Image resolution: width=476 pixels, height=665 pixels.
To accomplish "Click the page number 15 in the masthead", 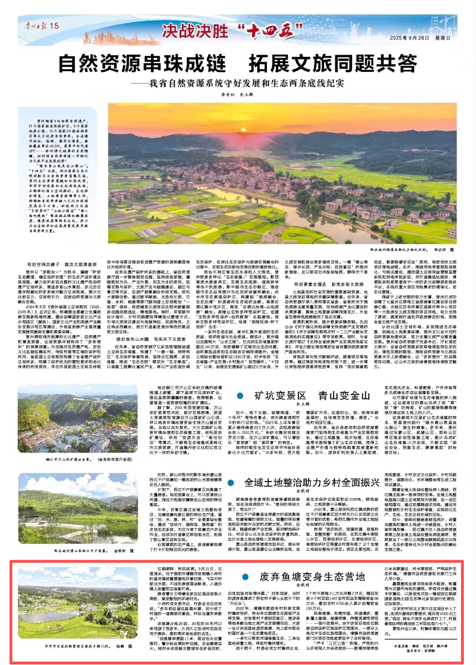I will tap(54, 26).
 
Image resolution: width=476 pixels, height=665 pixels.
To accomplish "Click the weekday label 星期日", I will tap(443, 38).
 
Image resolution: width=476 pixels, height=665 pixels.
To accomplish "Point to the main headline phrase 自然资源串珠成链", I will tap(142, 64).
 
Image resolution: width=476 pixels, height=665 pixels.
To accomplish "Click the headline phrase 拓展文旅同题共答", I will tap(333, 64).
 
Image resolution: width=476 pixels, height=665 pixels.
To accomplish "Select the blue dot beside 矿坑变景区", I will tap(240, 396).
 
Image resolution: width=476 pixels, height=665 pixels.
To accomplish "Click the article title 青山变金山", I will tap(344, 396).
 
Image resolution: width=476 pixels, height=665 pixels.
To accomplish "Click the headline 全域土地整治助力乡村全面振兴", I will tap(312, 482).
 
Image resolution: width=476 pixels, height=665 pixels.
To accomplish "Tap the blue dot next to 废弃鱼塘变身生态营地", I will tap(246, 577).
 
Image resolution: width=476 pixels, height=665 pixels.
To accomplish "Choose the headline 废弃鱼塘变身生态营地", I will tap(312, 577).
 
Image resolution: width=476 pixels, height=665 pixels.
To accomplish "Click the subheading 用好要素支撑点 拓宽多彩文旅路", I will tap(328, 284).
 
